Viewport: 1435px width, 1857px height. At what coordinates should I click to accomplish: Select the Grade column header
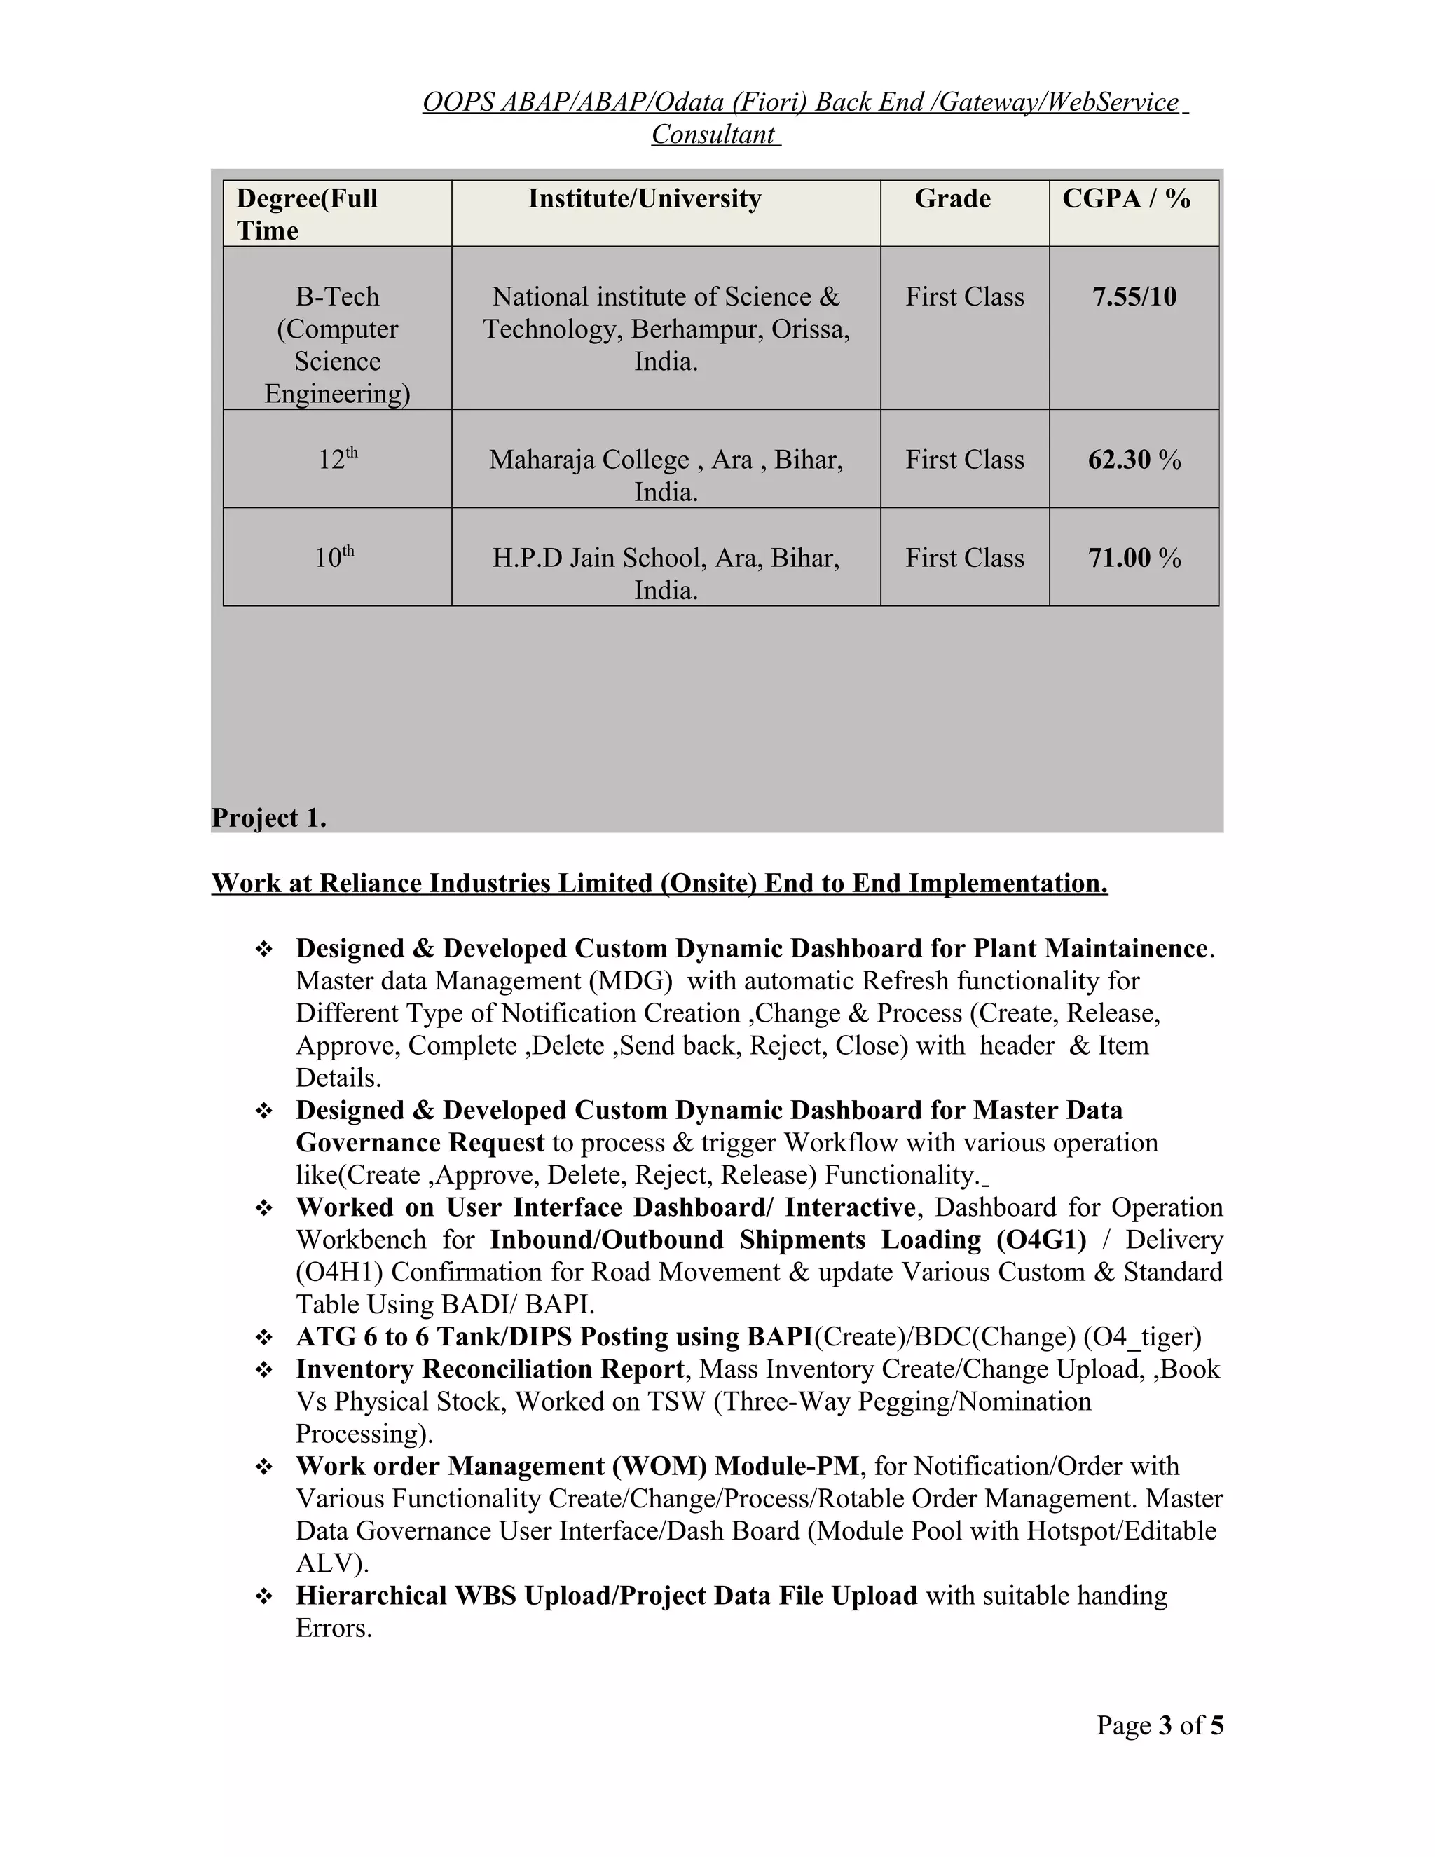[952, 199]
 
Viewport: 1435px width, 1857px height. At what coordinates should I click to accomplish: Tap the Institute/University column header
[645, 199]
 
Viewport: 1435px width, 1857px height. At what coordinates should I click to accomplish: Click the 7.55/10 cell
[1134, 296]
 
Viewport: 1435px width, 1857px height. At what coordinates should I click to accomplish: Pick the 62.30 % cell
[1134, 460]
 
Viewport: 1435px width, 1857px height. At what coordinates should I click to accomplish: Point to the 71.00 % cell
[1134, 558]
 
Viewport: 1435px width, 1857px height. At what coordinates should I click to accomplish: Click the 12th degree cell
[338, 459]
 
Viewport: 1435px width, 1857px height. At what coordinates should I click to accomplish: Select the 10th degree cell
[334, 557]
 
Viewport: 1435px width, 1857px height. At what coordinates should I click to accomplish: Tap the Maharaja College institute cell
[666, 460]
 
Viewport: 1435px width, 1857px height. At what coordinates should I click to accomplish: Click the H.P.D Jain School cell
[666, 558]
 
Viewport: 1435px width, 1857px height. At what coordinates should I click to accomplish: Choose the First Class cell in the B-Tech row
[964, 296]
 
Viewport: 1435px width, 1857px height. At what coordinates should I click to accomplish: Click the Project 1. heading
[268, 818]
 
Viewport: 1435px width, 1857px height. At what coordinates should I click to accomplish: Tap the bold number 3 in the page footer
[1165, 1725]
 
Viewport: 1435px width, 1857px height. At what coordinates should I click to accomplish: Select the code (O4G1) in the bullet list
[1041, 1240]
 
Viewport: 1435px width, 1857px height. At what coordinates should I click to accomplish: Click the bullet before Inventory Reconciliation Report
[263, 1371]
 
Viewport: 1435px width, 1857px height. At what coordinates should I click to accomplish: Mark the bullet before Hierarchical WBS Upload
[263, 1597]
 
